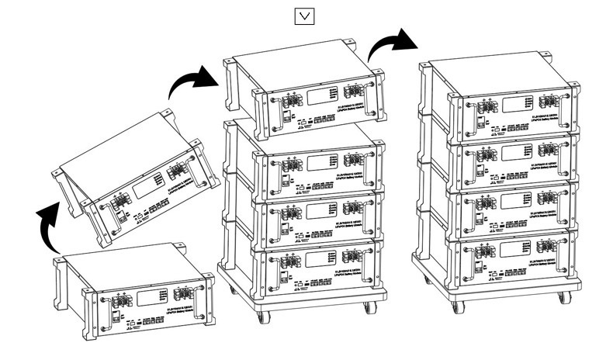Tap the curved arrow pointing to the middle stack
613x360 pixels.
(x=192, y=80)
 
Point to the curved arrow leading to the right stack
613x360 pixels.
(x=391, y=44)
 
